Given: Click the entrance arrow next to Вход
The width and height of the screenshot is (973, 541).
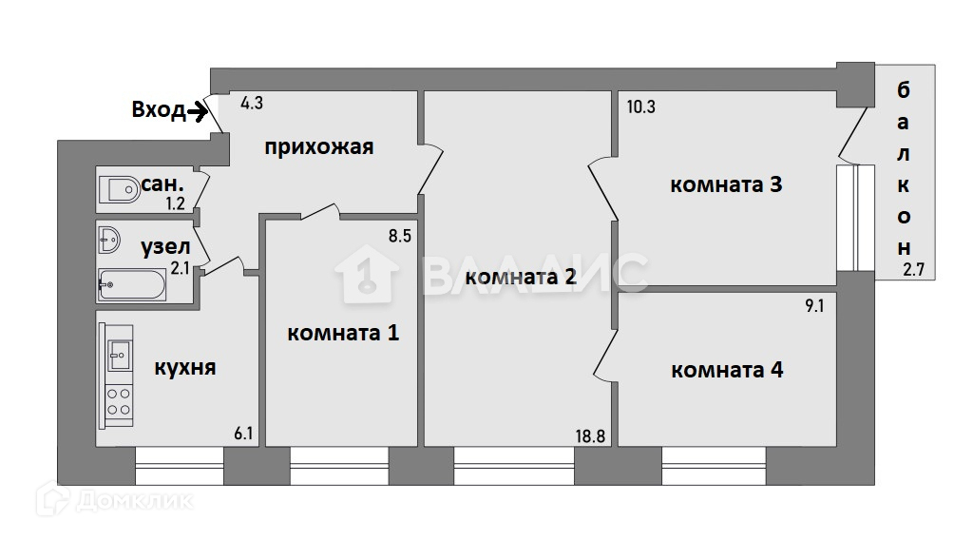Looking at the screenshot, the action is [x=198, y=112].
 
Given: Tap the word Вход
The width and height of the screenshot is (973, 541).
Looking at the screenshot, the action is [x=158, y=111].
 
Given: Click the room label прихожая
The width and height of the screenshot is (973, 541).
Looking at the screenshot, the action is [x=318, y=147].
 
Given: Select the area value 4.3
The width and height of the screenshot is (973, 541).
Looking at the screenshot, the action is [x=252, y=103].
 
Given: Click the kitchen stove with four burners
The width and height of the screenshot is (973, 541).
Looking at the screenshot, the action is [x=119, y=401].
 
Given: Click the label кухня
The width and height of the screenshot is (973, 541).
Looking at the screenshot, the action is [x=184, y=367].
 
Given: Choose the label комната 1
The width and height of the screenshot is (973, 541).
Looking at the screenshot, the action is [x=343, y=334].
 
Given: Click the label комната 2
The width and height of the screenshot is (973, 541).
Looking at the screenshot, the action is [x=522, y=278].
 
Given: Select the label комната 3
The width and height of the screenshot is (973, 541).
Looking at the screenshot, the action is [x=726, y=184].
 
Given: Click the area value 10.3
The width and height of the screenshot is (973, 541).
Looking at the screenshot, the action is [x=640, y=106].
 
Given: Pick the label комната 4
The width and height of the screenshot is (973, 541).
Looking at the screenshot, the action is [x=727, y=370].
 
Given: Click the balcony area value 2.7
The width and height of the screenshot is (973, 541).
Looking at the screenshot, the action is [x=913, y=270].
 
